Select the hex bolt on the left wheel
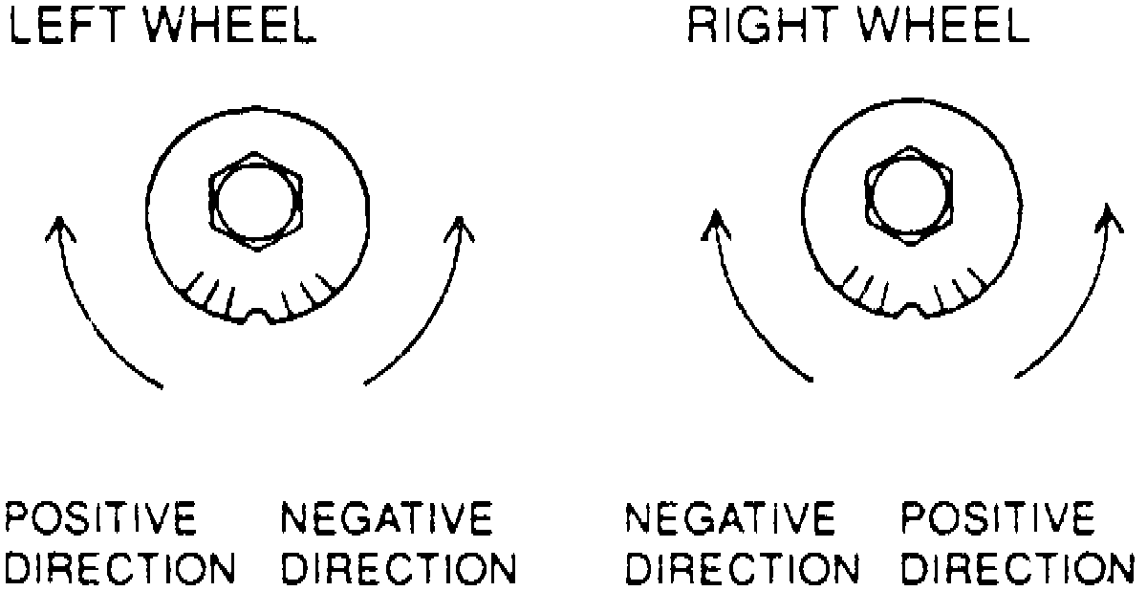click(x=255, y=200)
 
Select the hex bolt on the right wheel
click(x=907, y=196)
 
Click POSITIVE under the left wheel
click(x=102, y=520)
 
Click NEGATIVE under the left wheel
click(x=386, y=520)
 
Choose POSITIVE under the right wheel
click(x=998, y=520)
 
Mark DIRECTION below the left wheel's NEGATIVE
click(x=400, y=568)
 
